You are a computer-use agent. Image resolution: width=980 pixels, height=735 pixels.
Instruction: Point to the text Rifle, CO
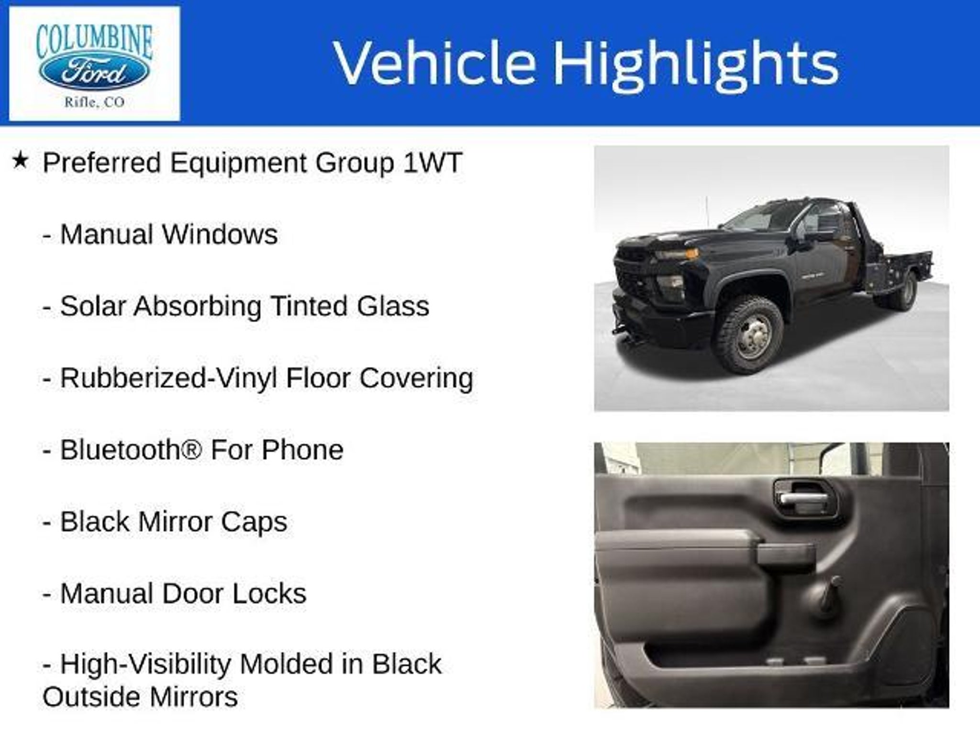(94, 102)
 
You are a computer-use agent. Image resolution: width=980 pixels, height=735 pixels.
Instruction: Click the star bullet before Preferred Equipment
(20, 161)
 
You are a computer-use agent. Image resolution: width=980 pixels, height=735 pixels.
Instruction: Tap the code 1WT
(432, 163)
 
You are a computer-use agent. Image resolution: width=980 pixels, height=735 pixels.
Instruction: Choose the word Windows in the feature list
(220, 234)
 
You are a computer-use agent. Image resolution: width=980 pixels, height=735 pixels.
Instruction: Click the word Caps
(254, 523)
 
